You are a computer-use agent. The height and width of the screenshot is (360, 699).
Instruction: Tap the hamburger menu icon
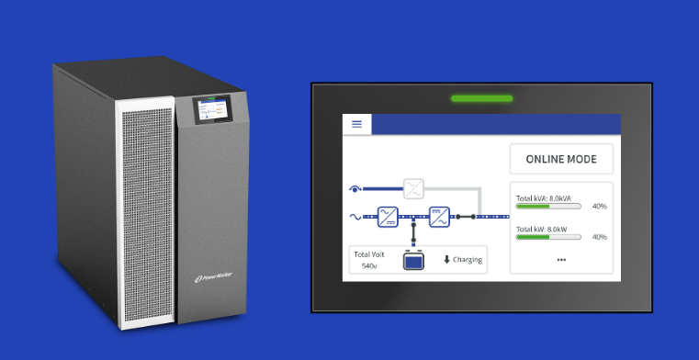click(x=357, y=124)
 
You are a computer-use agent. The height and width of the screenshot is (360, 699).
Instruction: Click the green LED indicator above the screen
click(x=481, y=98)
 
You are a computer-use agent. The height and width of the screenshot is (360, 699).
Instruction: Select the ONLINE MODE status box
click(x=560, y=159)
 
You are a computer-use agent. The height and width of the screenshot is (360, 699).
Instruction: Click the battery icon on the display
click(x=414, y=260)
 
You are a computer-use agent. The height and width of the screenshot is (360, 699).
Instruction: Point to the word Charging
click(x=467, y=260)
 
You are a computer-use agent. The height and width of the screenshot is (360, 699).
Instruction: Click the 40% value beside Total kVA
click(x=599, y=207)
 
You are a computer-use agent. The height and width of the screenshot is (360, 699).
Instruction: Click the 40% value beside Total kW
click(x=599, y=237)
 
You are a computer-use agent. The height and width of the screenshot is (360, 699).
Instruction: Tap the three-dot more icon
click(x=561, y=260)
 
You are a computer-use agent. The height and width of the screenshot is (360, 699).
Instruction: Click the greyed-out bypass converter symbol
click(x=415, y=189)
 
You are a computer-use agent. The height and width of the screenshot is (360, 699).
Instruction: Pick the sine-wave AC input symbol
click(x=355, y=218)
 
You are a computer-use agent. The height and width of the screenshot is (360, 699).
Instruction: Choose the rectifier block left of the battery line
click(x=389, y=217)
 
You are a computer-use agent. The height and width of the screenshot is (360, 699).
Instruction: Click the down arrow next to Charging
click(x=447, y=260)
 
